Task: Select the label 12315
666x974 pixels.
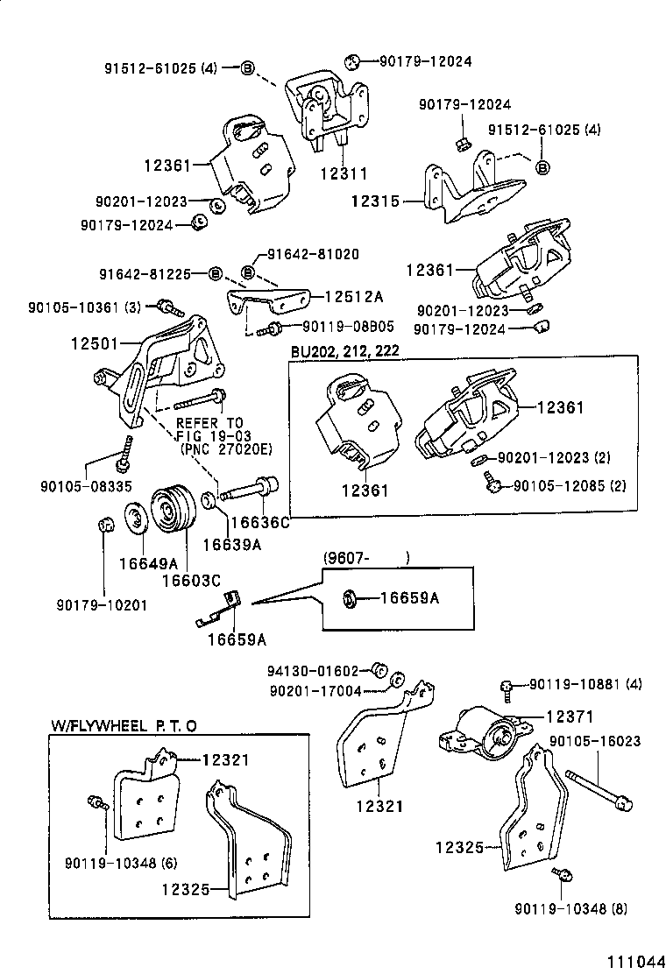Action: click(x=375, y=201)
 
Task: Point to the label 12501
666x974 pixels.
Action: click(x=95, y=346)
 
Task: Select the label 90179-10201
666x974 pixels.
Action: click(x=102, y=604)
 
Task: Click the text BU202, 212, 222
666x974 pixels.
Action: click(x=345, y=351)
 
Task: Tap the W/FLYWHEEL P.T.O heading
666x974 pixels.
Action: click(x=123, y=725)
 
